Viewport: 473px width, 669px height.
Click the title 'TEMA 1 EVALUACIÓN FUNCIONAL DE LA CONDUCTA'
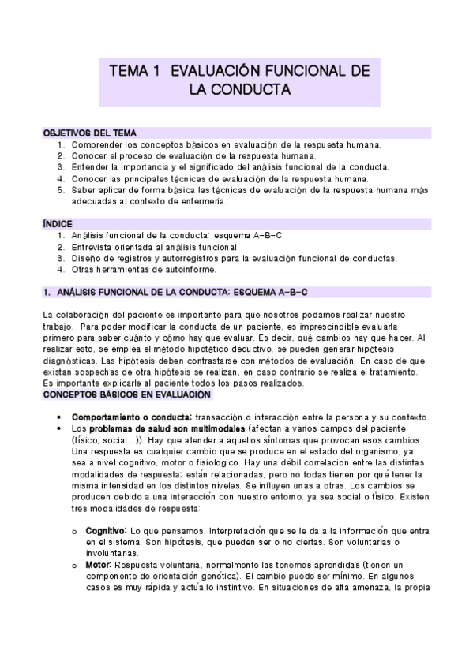pos(239,80)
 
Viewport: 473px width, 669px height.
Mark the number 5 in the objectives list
pos(61,189)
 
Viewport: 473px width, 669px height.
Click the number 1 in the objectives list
pos(61,145)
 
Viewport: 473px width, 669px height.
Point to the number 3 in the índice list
pos(61,258)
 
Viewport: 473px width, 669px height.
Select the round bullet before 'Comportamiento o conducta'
pos(61,417)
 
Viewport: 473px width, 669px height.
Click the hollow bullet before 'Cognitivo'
pos(75,533)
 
